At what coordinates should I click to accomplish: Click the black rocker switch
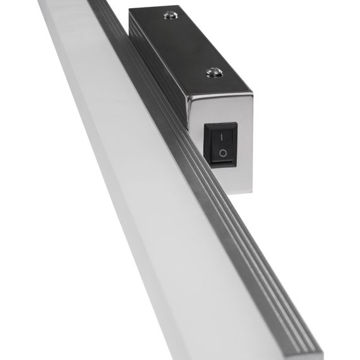(x=221, y=145)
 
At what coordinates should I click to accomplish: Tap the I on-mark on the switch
(x=221, y=135)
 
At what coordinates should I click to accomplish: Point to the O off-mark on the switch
(x=222, y=153)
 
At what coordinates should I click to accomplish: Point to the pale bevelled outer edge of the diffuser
(x=76, y=126)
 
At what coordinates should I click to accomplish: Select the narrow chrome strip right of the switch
(x=245, y=145)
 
